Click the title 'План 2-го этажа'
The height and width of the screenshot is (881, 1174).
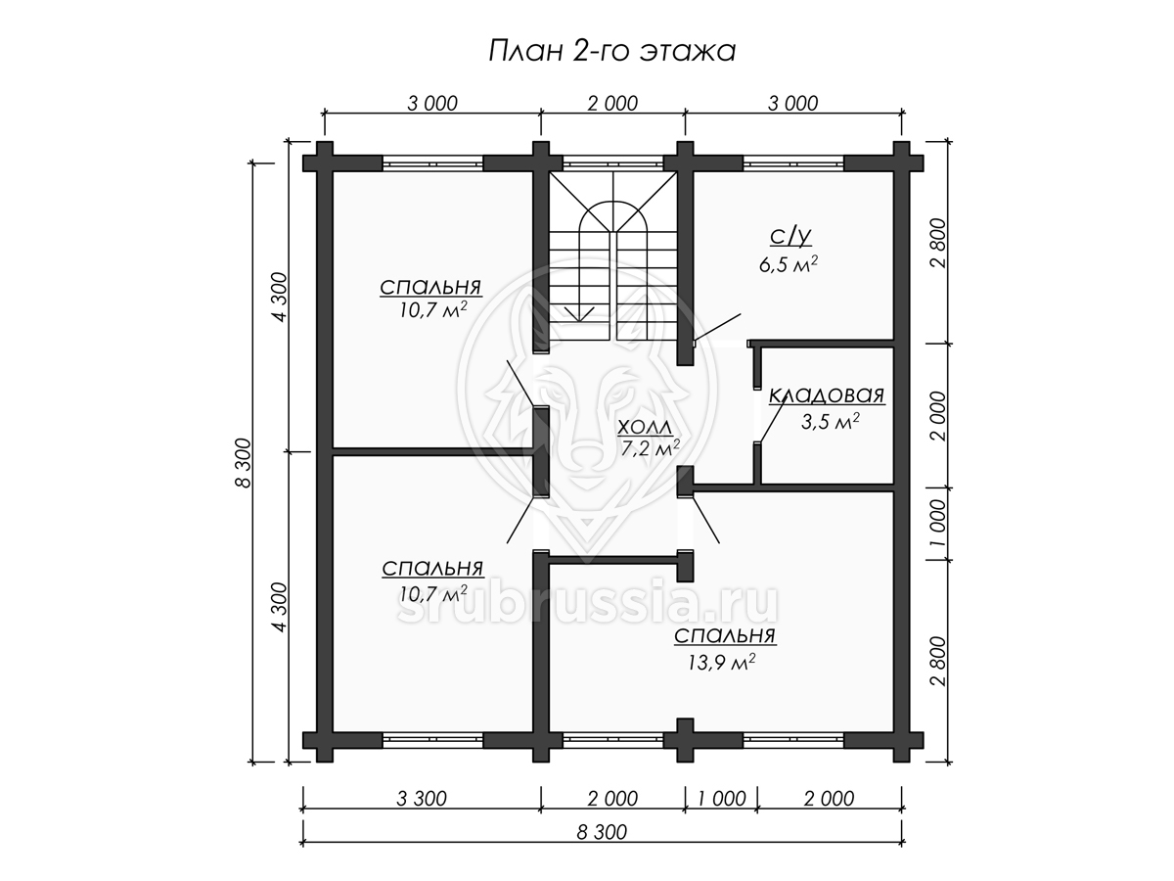611,52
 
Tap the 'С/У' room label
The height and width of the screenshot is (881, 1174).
790,236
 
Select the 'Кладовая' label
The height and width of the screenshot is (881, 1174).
827,395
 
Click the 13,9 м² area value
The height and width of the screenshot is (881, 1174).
721,663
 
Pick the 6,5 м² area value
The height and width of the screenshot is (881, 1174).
789,264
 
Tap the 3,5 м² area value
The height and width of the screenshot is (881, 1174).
830,422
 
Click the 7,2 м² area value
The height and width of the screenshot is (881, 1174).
650,448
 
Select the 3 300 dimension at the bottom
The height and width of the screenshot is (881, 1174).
422,799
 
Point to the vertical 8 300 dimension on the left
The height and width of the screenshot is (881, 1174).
243,463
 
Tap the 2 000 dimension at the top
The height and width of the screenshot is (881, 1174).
612,103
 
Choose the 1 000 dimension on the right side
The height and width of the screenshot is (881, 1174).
938,524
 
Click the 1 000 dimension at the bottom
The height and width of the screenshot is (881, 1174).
721,799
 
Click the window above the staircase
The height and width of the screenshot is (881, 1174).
613,162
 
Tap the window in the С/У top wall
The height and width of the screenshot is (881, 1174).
793,162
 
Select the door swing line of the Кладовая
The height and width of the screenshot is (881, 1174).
771,421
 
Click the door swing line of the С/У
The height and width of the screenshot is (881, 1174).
717,327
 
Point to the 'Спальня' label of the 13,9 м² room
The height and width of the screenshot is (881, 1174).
725,636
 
